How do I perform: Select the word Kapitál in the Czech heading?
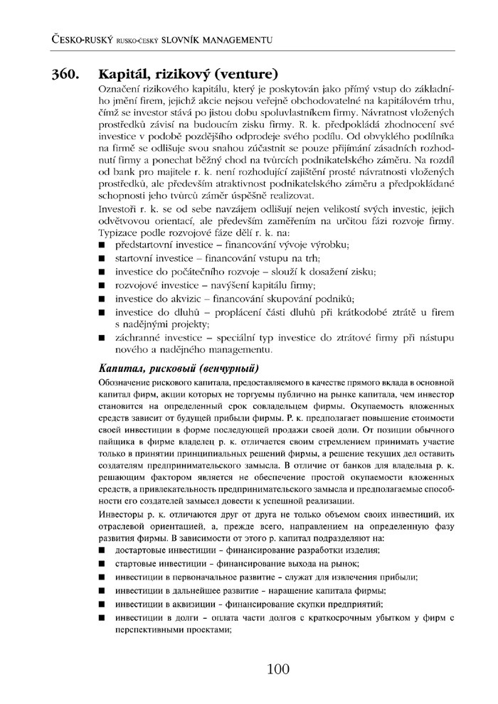pyautogui.click(x=122, y=74)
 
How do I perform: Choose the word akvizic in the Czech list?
pyautogui.click(x=189, y=298)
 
